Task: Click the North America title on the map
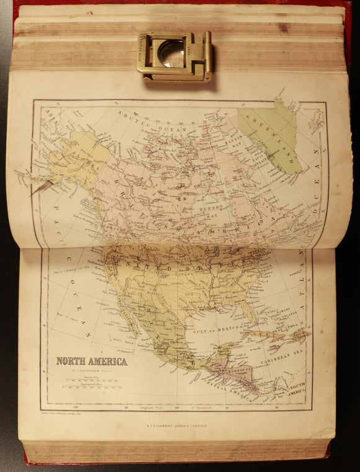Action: tap(92, 361)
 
